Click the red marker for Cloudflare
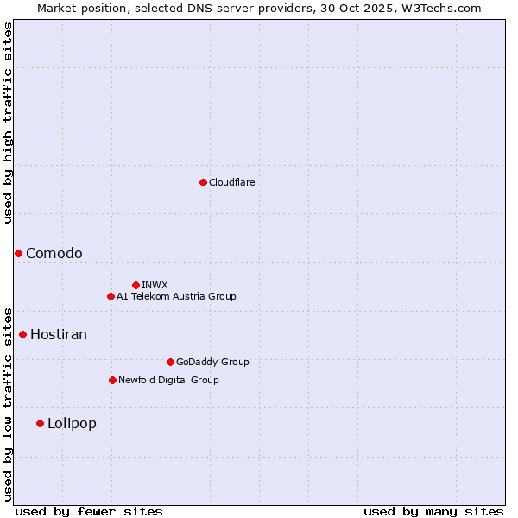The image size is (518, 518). (x=203, y=182)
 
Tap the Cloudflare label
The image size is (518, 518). (x=231, y=182)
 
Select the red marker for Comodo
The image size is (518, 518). (x=18, y=253)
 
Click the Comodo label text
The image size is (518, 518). (x=54, y=253)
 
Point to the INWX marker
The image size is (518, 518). (x=136, y=285)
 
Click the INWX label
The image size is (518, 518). (x=155, y=285)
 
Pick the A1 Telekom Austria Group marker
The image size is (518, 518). (x=111, y=296)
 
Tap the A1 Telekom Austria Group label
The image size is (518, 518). (x=176, y=296)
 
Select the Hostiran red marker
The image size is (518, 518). (x=22, y=334)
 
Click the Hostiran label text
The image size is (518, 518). (x=59, y=334)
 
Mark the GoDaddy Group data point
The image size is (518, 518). (x=170, y=362)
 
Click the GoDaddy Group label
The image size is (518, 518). (x=212, y=362)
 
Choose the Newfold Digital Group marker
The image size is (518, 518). (x=112, y=380)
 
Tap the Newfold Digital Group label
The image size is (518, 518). (x=168, y=380)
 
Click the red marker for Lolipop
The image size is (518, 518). (x=40, y=423)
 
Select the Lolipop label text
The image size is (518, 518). (x=72, y=423)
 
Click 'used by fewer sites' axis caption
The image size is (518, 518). (x=89, y=511)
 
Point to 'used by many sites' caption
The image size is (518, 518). (x=433, y=511)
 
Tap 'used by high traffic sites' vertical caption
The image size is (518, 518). (x=8, y=123)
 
